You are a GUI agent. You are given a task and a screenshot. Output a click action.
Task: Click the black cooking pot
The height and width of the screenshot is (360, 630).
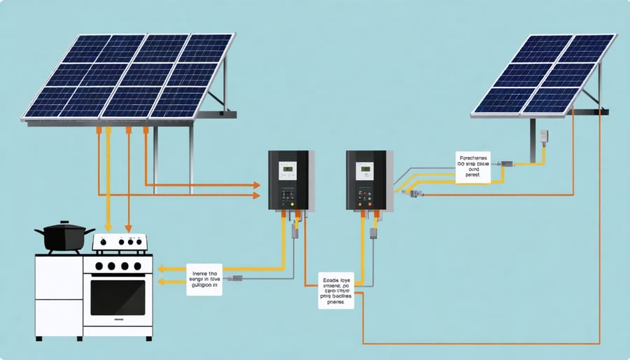click(x=64, y=238)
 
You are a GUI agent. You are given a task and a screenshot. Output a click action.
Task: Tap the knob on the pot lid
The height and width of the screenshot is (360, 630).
click(x=64, y=223)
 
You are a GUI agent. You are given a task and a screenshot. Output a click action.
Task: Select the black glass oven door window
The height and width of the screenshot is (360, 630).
click(x=118, y=297)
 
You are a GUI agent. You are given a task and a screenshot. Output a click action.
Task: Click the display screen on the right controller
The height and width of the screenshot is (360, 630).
click(x=364, y=169)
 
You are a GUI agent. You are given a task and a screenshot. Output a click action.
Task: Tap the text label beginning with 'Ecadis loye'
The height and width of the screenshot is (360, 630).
click(x=336, y=290)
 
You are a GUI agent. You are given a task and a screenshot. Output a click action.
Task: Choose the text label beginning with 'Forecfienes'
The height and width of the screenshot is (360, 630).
click(x=473, y=167)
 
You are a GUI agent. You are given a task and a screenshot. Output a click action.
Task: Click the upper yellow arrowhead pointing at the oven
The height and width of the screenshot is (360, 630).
click(x=161, y=268)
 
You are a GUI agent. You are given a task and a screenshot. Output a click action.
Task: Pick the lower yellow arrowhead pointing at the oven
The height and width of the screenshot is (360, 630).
click(x=161, y=282)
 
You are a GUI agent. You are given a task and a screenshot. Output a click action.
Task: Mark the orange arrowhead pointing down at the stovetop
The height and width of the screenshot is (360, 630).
click(x=128, y=228)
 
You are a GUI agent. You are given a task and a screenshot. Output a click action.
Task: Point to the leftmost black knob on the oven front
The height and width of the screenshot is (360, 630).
click(x=99, y=266)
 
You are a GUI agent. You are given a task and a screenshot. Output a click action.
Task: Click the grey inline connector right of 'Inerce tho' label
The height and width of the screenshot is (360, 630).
click(x=237, y=278)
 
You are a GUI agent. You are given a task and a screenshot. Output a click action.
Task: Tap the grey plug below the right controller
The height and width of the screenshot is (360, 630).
click(x=373, y=231)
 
